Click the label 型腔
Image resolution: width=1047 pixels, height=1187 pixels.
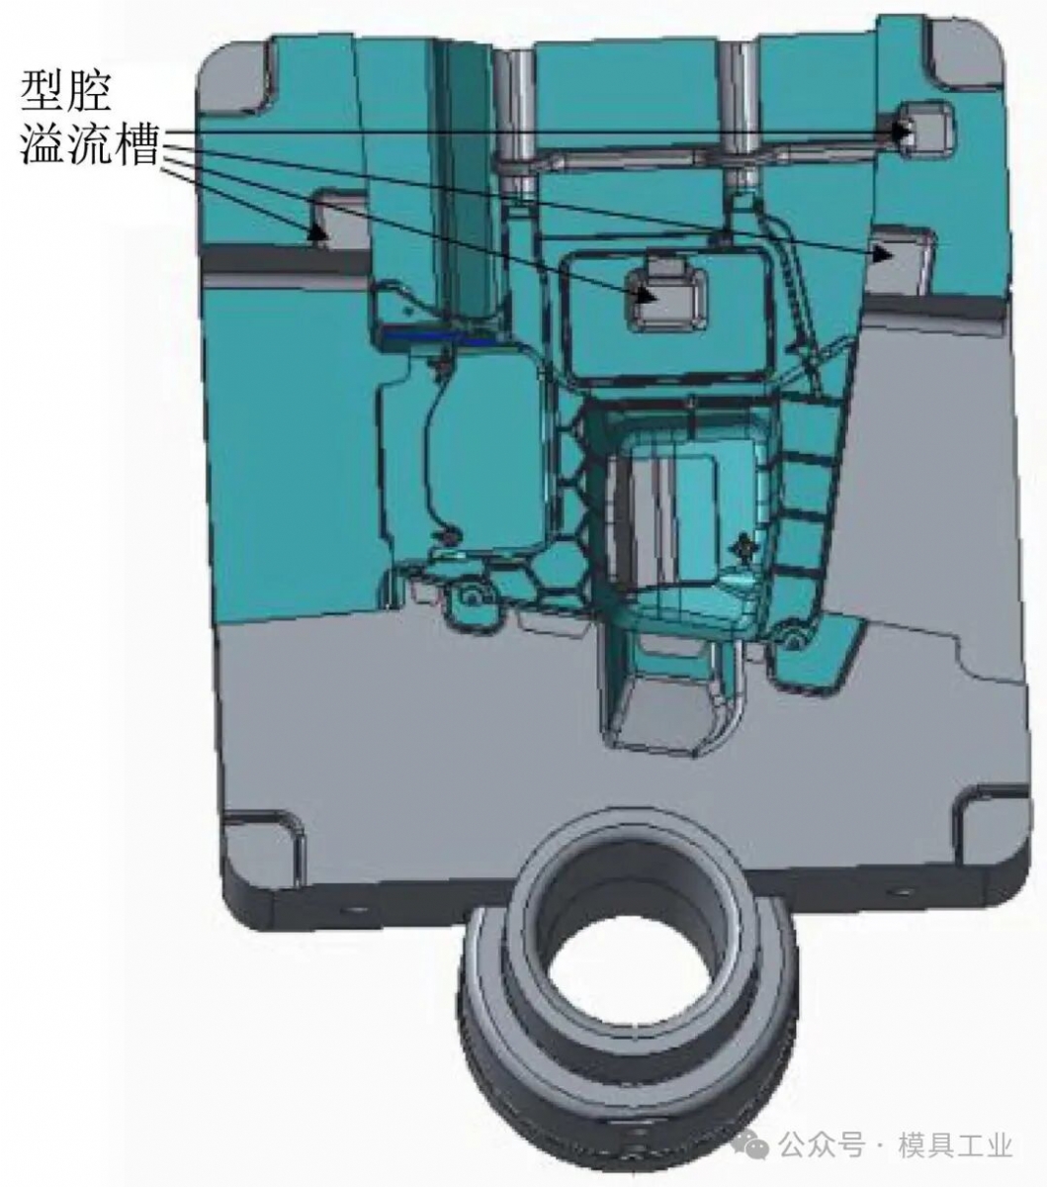pos(65,91)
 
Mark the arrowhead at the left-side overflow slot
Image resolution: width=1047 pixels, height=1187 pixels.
pos(318,232)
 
